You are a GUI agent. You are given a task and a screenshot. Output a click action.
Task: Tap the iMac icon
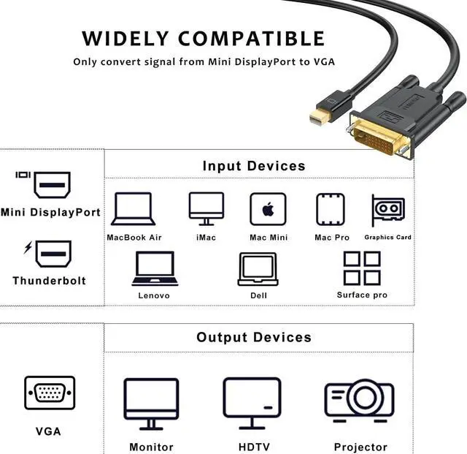tap(206, 208)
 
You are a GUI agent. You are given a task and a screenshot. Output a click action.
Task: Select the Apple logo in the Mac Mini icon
tap(268, 209)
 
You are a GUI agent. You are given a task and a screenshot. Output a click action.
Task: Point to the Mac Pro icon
tap(331, 209)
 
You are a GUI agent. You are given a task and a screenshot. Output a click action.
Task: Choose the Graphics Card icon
tap(388, 209)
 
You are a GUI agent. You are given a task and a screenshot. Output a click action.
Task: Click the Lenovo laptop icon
tap(155, 268)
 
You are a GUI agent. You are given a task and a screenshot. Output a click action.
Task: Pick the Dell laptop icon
tap(258, 269)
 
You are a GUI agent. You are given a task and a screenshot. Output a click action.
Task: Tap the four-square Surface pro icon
tap(362, 268)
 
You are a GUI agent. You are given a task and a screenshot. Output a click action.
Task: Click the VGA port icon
tap(50, 393)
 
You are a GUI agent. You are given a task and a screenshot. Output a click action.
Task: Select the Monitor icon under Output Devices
tap(151, 404)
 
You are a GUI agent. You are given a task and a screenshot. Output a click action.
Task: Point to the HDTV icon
tap(252, 403)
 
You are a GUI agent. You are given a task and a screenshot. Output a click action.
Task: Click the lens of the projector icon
tap(364, 397)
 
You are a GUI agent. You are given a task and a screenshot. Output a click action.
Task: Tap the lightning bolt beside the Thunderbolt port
tap(28, 247)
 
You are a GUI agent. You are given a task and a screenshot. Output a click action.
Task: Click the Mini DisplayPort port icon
tap(53, 185)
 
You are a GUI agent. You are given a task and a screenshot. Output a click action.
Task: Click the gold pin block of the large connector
tap(378, 137)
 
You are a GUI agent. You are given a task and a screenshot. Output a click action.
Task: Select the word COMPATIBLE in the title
tap(252, 39)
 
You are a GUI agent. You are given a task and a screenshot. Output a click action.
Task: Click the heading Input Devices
tap(254, 166)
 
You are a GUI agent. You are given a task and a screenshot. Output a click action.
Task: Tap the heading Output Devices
tap(254, 337)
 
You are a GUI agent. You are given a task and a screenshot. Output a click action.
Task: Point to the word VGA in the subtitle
tap(324, 62)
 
